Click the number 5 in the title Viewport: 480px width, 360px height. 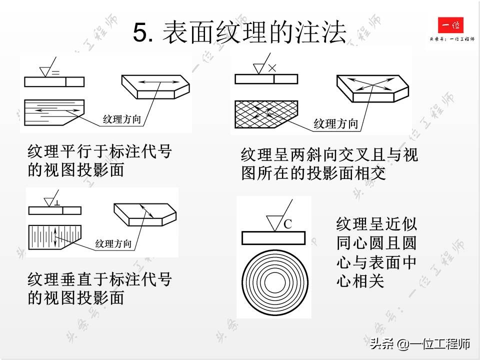pos(139,33)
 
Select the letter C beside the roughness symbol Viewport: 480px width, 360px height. pos(287,224)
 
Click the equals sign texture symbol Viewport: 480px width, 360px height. pos(55,73)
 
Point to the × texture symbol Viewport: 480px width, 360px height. pos(272,68)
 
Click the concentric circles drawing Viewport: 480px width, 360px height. pos(273,283)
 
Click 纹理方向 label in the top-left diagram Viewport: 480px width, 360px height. pos(121,119)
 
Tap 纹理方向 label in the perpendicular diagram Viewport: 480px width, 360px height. pos(113,244)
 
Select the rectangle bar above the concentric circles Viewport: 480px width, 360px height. pos(273,238)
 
